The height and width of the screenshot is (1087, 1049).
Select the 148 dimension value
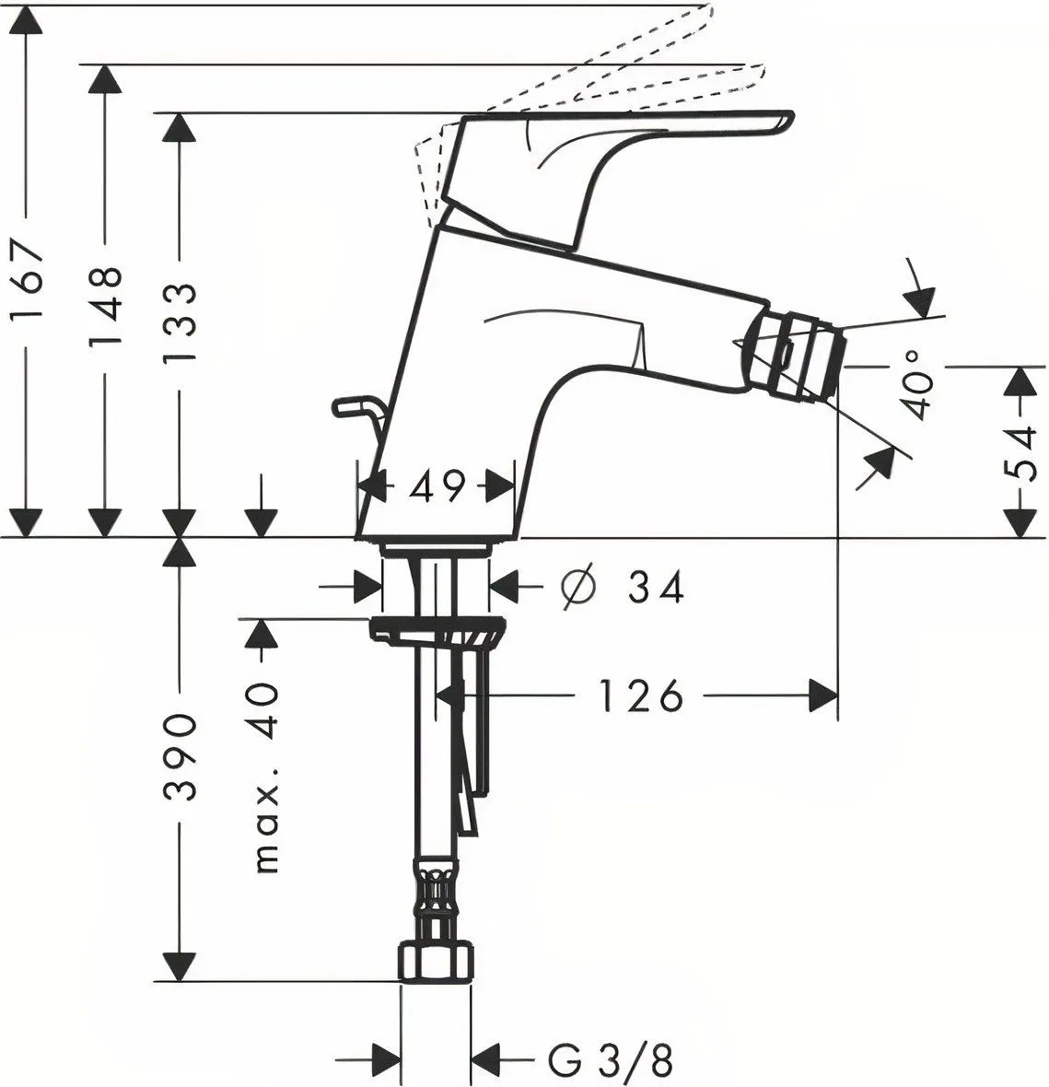[105, 308]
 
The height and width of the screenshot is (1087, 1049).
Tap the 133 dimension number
[181, 323]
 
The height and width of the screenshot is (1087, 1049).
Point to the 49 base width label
[436, 486]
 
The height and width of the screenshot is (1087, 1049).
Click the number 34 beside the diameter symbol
[656, 587]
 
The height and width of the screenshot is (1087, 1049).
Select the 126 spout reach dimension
[640, 695]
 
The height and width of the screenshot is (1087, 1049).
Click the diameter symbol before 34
[577, 587]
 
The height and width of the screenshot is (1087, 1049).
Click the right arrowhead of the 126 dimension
[823, 695]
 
